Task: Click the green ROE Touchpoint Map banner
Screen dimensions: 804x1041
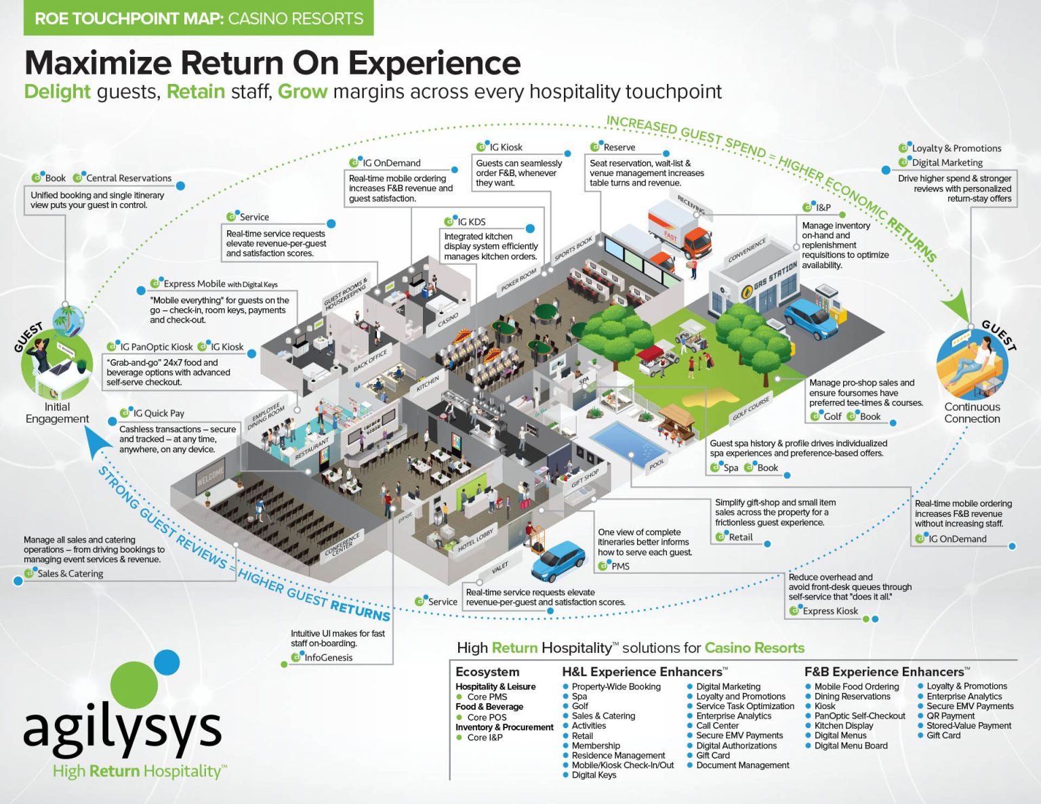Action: coord(199,18)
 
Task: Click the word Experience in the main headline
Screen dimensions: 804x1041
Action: coord(434,64)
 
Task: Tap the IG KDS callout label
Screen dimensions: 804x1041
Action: coord(471,221)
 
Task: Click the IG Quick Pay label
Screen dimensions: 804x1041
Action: coord(158,413)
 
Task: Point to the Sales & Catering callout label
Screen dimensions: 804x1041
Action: coord(70,574)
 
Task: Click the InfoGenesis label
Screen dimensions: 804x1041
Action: coord(328,658)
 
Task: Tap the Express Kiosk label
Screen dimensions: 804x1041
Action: coord(830,611)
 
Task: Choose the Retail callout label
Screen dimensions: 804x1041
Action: coord(740,537)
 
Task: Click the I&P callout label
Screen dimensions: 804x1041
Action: coord(822,207)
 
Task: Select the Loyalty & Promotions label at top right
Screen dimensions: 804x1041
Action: coord(956,148)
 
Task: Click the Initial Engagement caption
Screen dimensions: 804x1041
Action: coord(57,412)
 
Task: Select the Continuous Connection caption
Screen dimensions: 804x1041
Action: coord(972,412)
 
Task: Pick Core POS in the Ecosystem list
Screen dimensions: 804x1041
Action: coord(487,717)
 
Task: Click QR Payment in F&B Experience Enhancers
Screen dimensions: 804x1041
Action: coord(950,716)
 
